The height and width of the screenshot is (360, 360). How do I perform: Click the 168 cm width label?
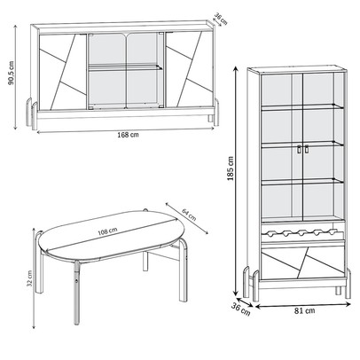click(128, 135)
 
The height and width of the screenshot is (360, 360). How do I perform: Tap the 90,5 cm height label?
click(11, 73)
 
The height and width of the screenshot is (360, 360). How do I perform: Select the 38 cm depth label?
click(221, 19)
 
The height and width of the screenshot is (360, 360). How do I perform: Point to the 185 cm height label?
click(231, 168)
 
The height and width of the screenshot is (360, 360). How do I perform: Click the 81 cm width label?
click(304, 310)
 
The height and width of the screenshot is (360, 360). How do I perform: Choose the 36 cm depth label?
click(240, 308)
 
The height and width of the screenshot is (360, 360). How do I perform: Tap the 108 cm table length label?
click(107, 231)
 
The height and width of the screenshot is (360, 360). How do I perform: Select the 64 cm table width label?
click(189, 215)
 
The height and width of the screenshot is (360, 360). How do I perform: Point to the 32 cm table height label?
click(29, 278)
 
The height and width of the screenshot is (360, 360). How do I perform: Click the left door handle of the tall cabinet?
click(299, 150)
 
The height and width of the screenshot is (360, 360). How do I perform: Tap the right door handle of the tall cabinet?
click(306, 150)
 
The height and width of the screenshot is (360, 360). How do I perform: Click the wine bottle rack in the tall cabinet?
click(303, 233)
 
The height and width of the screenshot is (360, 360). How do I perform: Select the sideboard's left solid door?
click(63, 72)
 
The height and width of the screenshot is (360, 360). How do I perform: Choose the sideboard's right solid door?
click(189, 69)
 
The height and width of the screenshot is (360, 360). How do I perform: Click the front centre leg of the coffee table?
click(77, 293)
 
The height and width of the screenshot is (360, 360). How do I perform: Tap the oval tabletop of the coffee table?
click(113, 234)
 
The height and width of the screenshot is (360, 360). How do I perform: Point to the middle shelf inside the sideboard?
click(125, 67)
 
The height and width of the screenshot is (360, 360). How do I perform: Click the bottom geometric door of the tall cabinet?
click(303, 262)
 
